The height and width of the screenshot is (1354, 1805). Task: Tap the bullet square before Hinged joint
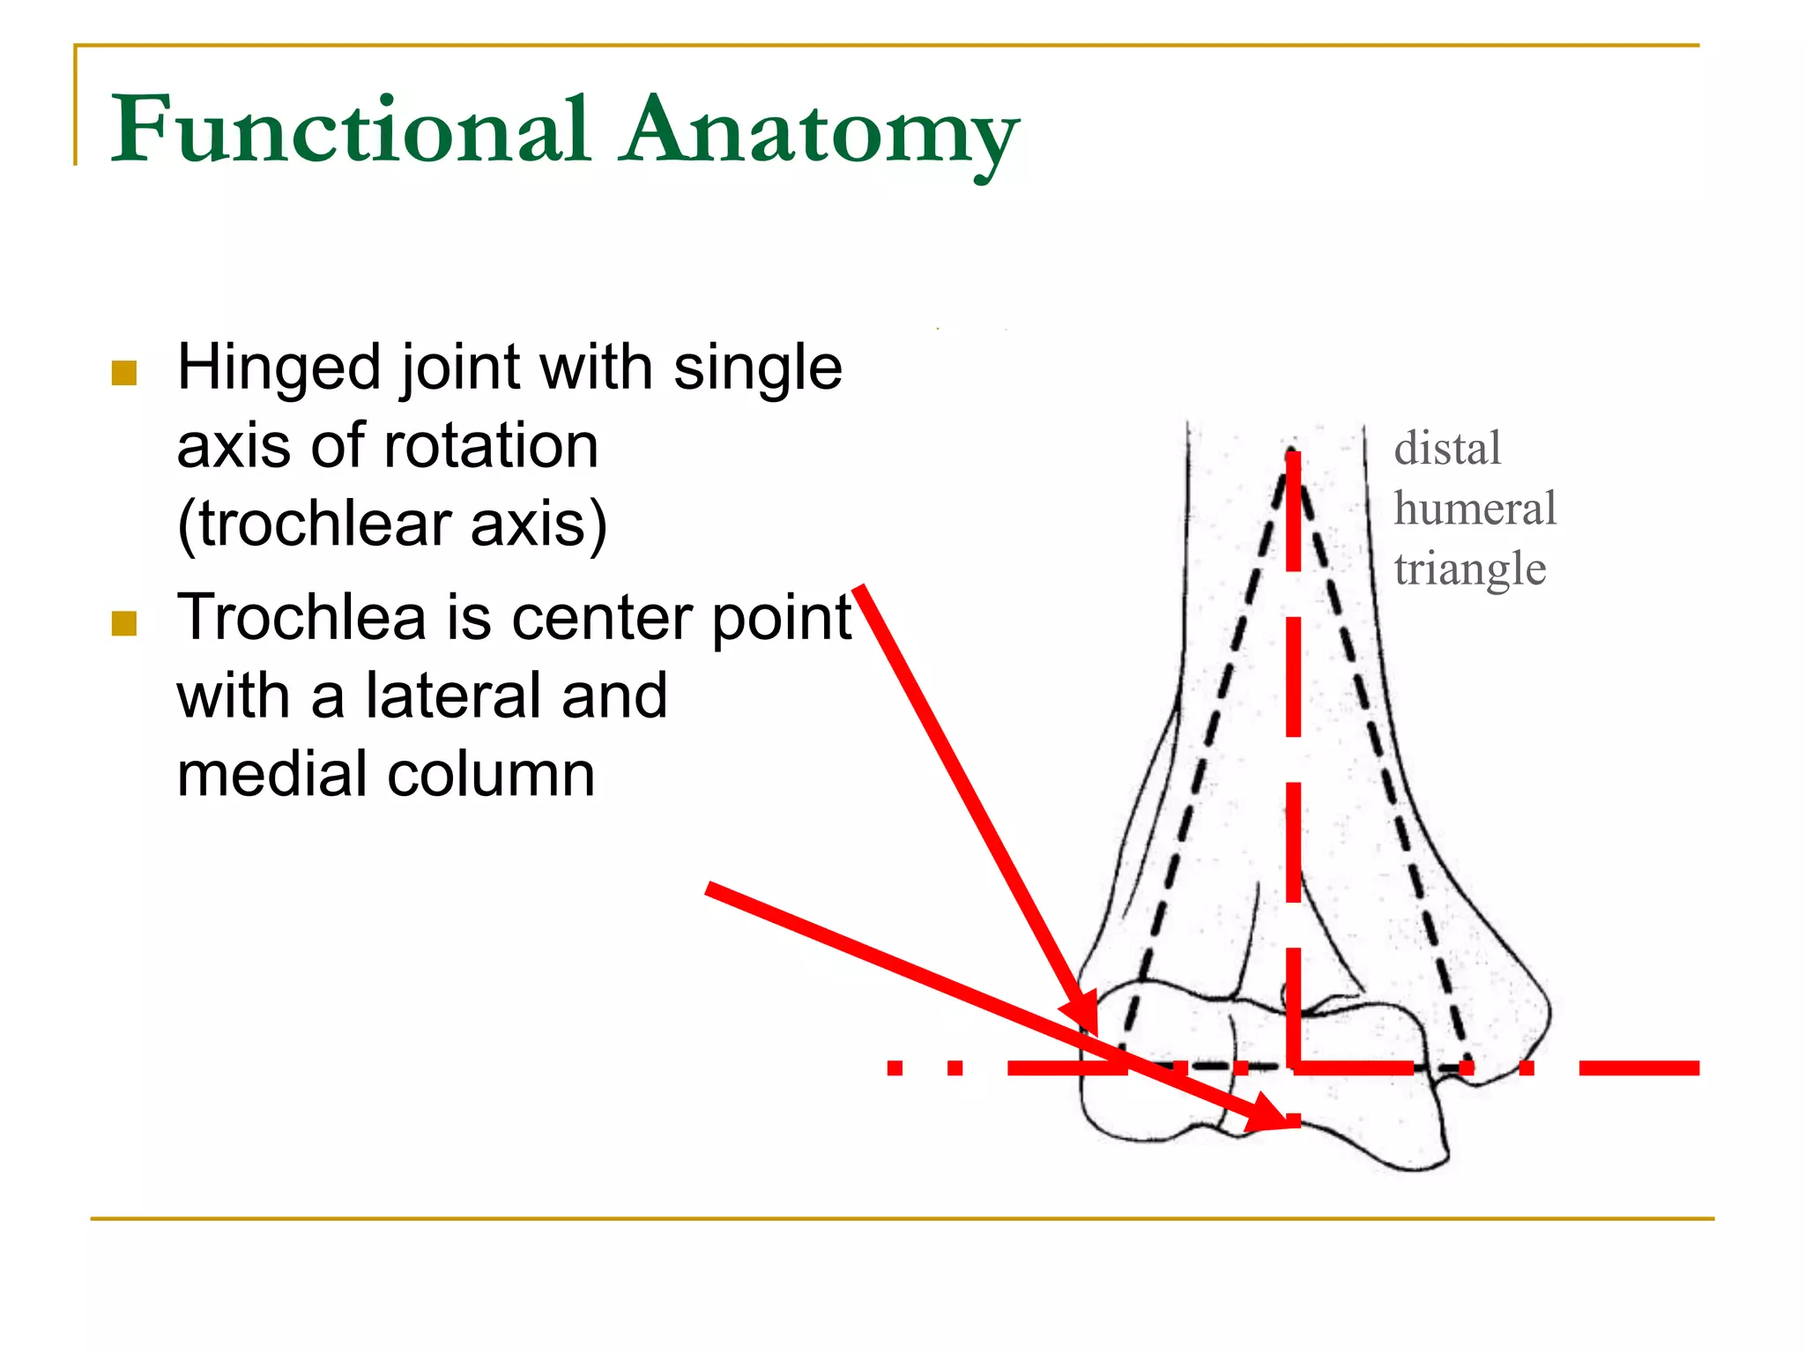[124, 373]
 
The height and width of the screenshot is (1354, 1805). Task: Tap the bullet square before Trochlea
[124, 623]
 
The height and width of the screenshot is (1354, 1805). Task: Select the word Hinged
[278, 368]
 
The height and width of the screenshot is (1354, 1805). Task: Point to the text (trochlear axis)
[391, 524]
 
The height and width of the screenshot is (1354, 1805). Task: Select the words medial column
[385, 774]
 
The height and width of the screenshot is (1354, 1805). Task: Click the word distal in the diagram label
[1447, 449]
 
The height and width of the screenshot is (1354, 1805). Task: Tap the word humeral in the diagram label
[1474, 510]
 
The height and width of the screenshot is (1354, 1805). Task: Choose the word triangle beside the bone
[1469, 569]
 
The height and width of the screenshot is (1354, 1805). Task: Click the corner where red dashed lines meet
[1294, 1068]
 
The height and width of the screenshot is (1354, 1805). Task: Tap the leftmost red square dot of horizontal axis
[895, 1068]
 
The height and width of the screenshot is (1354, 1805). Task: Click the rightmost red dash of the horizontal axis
[1638, 1068]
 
